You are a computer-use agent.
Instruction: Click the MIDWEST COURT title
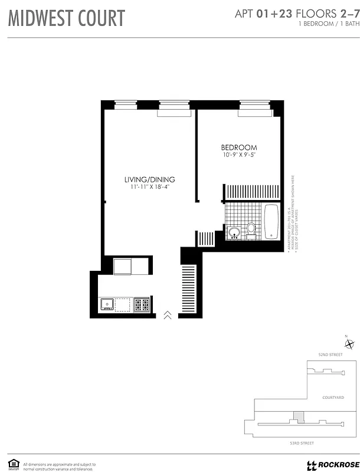point(66,18)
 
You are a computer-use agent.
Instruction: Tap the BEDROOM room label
point(239,147)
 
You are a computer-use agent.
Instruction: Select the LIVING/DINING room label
point(149,179)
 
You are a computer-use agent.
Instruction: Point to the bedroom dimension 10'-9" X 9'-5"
point(238,155)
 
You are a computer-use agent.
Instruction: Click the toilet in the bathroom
point(251,228)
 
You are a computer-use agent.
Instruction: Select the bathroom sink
point(234,232)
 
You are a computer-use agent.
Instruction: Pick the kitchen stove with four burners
point(142,304)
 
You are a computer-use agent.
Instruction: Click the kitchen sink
point(107,304)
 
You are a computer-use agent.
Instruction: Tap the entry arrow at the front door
point(167,315)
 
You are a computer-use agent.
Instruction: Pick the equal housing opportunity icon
point(12,463)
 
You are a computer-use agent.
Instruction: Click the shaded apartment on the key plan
point(299,417)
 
